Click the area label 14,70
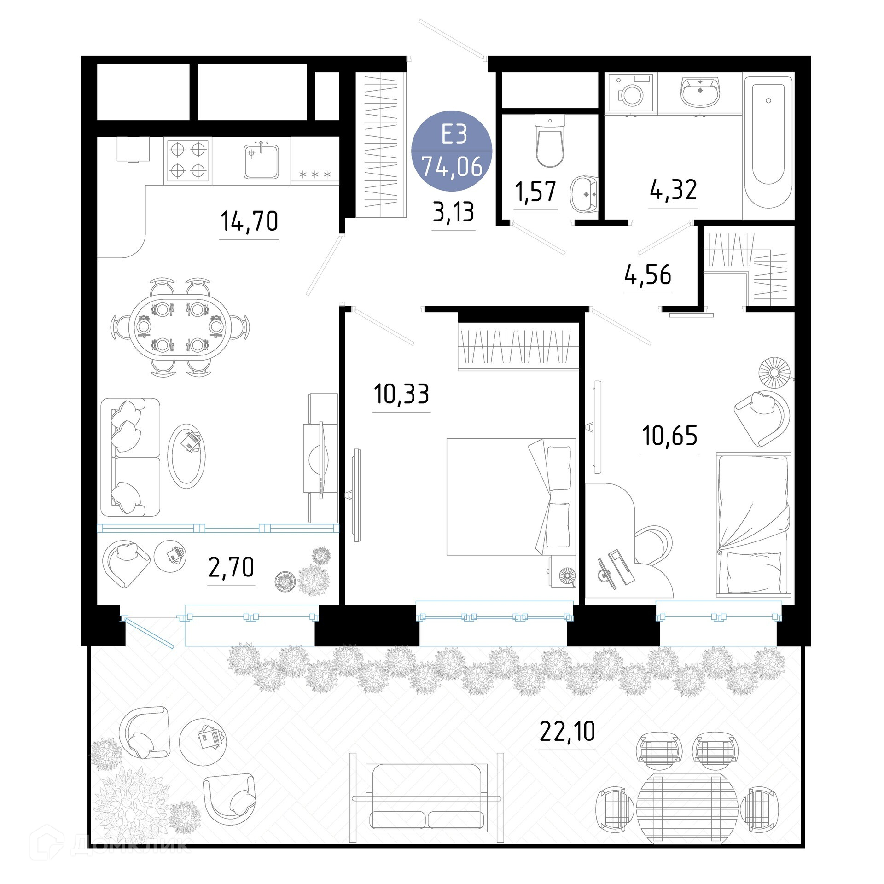250,221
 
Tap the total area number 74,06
452,166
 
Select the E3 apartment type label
454,134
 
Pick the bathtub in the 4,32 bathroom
768,146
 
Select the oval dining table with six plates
180,327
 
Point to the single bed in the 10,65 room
753,524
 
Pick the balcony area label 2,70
231,567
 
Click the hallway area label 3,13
454,212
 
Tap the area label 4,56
648,275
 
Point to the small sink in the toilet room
584,195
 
